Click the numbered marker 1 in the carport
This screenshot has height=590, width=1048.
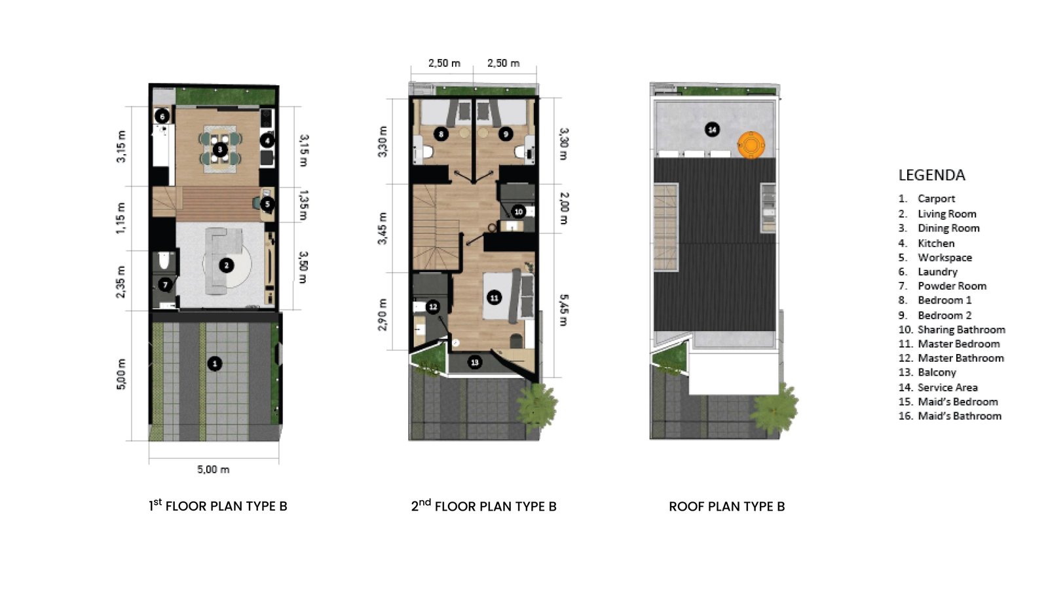coord(215,363)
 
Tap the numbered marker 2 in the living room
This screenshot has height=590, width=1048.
coord(227,265)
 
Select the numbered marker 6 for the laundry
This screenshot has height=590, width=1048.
coord(162,117)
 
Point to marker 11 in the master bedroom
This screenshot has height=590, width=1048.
coord(494,298)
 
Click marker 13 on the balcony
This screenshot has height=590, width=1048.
coord(475,362)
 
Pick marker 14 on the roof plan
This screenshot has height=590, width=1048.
coord(712,130)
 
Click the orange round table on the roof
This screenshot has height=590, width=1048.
coord(751,145)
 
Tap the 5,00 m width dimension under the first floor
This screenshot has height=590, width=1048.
coord(214,469)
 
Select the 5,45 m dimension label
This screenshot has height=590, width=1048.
coord(564,310)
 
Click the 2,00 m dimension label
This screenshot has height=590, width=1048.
coord(564,208)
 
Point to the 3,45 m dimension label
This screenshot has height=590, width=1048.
coord(383,229)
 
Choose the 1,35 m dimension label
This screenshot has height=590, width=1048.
coord(303,205)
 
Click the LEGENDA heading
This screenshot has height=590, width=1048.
coord(931,175)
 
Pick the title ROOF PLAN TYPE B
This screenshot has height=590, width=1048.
coord(726,507)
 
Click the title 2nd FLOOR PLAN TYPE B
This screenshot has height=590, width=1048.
coord(484,505)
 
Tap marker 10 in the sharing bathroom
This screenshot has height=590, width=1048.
coord(518,212)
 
